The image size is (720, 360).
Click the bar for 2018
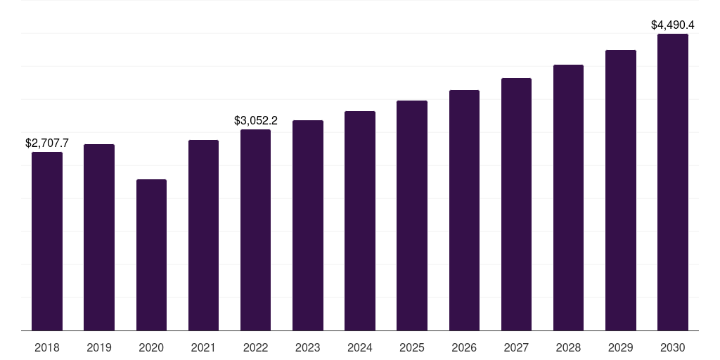pos(47,241)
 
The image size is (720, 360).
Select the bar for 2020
pos(152,255)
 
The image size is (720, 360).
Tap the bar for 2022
pos(255,230)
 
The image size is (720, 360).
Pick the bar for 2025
pos(412,215)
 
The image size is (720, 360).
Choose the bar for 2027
pos(516,205)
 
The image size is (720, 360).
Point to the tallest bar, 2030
pos(673,182)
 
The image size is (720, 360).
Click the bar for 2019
pos(99,238)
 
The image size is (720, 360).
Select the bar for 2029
pos(621,190)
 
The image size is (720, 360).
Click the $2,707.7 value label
pos(47,143)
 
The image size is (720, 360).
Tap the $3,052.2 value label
pos(256,121)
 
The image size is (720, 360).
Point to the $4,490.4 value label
pos(673,25)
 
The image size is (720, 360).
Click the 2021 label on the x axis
pos(203,348)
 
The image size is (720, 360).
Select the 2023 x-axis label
pos(308,348)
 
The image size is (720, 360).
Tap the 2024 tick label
pos(360,348)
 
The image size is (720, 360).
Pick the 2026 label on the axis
pos(464,348)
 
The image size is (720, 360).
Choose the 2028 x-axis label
pos(568,348)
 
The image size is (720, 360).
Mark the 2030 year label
pos(673,348)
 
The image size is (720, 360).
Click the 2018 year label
pos(47,348)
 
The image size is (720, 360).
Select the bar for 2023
pos(308,226)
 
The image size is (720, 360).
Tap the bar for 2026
pos(464,210)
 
